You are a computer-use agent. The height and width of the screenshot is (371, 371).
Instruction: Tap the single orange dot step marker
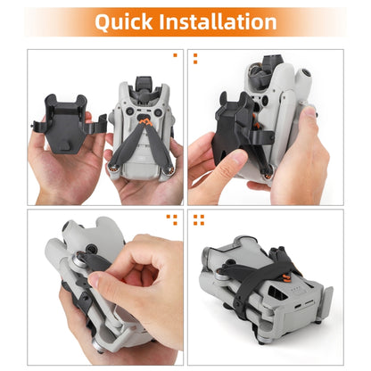(x=174, y=56)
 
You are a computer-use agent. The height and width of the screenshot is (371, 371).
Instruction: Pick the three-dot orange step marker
(x=173, y=218)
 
